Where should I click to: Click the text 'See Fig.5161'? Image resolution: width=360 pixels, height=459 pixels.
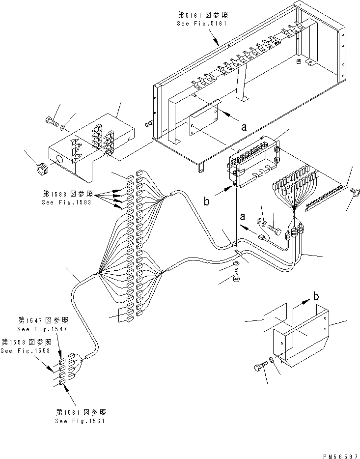click(202, 24)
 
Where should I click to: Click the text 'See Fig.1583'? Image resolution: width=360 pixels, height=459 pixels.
click(67, 202)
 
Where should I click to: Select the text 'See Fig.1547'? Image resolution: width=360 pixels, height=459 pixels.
click(42, 329)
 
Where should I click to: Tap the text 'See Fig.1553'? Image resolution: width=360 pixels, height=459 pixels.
click(26, 350)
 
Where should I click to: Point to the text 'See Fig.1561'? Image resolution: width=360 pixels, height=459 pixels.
click(80, 421)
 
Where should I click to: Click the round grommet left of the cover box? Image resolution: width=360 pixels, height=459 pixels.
click(43, 169)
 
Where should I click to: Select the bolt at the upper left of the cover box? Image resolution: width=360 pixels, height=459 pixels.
click(52, 120)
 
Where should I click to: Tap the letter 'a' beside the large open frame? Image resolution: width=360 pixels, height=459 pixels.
click(244, 127)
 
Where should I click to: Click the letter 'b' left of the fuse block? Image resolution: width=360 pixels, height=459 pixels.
click(207, 201)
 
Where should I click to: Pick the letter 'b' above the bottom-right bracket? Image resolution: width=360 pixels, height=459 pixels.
click(316, 296)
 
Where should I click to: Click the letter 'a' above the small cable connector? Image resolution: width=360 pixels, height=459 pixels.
click(243, 217)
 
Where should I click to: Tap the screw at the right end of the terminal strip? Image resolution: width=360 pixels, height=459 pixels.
click(354, 192)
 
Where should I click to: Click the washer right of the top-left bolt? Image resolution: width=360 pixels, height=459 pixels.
click(62, 127)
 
